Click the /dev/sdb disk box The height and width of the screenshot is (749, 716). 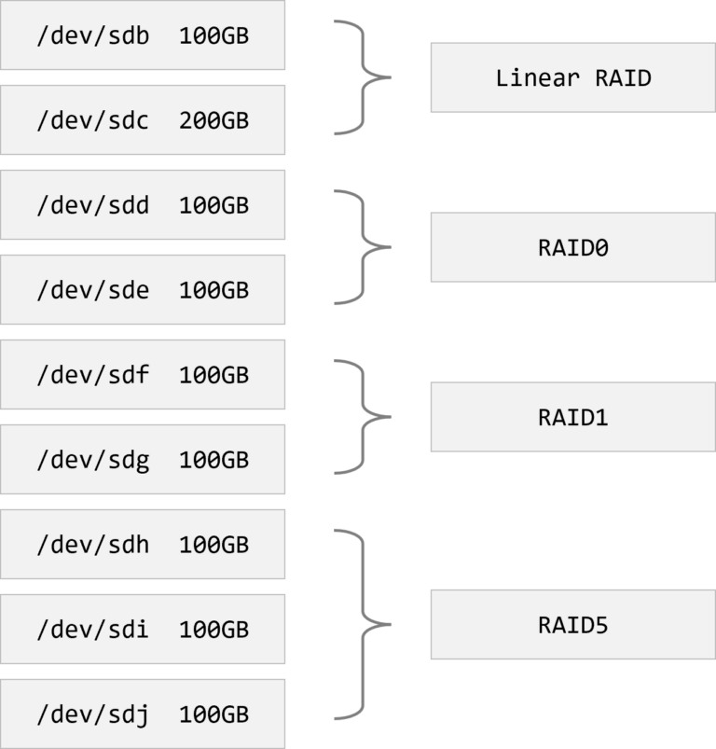coord(143,35)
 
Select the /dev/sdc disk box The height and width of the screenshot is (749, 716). coord(143,120)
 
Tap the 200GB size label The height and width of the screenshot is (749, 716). coord(213,120)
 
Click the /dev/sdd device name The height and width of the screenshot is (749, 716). coord(92,205)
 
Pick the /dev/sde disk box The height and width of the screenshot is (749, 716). coord(143,290)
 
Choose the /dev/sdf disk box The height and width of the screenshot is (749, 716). coord(143,375)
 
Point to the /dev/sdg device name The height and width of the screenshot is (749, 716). coord(92,460)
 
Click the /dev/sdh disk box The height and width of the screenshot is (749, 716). coord(143,545)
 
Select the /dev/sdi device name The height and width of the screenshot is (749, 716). coord(92,630)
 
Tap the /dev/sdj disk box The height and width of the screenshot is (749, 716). coord(143,714)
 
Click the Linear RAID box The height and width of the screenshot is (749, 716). coord(572,77)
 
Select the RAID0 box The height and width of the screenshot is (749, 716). coord(572,247)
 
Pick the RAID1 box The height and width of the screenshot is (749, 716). coord(572,417)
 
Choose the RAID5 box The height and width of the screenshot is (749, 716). coord(572,624)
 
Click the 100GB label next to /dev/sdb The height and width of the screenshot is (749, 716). coord(213,35)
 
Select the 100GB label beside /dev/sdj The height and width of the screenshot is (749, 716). coord(213,714)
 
